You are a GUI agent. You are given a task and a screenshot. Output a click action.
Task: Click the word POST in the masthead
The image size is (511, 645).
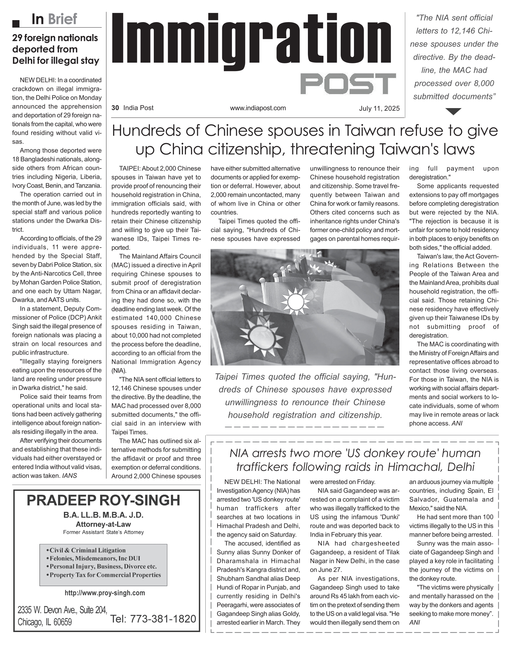tap(348, 84)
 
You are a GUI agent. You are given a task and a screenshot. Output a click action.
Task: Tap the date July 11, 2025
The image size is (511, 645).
tap(379, 108)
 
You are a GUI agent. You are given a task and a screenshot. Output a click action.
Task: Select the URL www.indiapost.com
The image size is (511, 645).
tap(258, 108)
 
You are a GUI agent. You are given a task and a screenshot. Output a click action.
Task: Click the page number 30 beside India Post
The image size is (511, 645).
tap(115, 108)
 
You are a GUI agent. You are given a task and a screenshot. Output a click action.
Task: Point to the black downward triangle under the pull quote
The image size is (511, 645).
tap(454, 111)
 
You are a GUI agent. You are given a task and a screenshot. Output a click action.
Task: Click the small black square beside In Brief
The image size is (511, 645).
tap(16, 23)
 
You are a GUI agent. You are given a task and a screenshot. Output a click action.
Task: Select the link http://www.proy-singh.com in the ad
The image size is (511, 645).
tap(105, 593)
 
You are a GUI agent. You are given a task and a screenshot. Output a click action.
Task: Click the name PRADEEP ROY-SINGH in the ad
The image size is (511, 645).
tap(103, 500)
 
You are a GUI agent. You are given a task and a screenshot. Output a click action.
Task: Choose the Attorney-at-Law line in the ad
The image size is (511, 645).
tap(103, 524)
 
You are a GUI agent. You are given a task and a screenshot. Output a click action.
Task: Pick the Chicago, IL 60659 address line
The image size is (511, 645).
tap(45, 622)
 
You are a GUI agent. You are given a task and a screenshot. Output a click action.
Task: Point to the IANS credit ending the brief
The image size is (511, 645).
tap(69, 476)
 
